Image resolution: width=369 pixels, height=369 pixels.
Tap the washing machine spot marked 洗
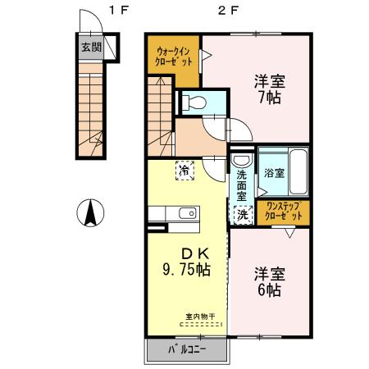pos(242,213)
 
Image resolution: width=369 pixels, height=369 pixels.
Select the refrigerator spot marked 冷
pos(184,171)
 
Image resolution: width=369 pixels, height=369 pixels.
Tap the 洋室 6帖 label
pos(268,281)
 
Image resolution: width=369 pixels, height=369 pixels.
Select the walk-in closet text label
pos(175,58)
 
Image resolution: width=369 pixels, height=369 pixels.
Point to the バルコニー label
pos(187,351)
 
